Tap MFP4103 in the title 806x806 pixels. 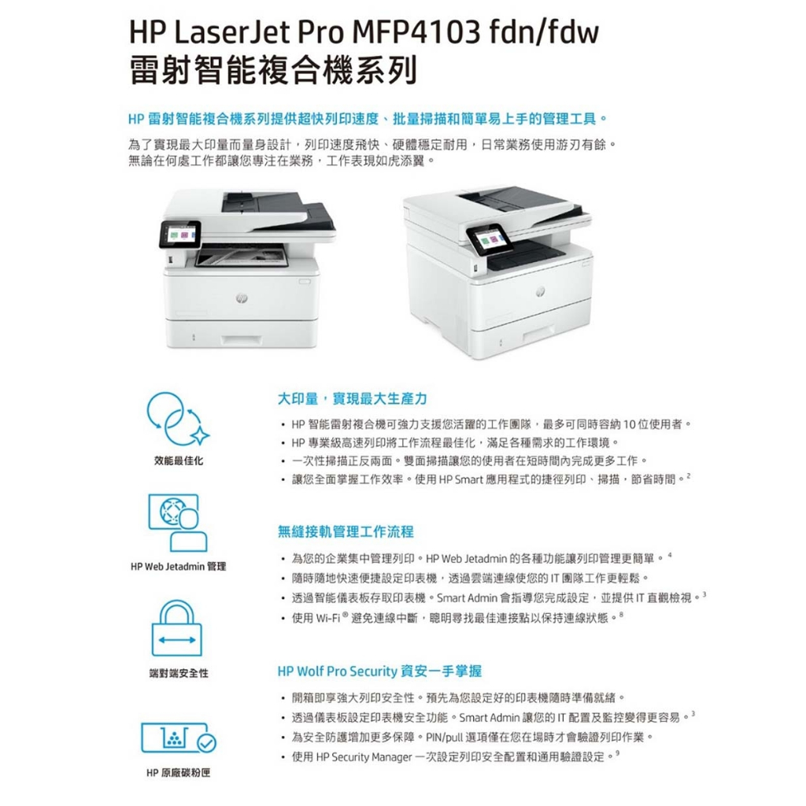416,31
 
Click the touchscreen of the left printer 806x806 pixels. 180,234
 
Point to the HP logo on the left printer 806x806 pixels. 242,298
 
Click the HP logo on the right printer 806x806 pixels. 539,291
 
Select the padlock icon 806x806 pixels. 177,627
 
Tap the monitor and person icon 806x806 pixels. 178,523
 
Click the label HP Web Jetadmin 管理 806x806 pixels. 179,567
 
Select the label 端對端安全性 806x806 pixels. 179,673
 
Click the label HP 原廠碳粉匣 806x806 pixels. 179,773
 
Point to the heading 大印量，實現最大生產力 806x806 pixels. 352,399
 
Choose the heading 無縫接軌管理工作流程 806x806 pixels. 346,531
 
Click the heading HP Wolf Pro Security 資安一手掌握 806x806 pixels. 379,671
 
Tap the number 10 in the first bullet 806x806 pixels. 629,424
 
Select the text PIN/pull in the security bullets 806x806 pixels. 444,738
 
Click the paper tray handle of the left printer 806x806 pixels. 241,340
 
